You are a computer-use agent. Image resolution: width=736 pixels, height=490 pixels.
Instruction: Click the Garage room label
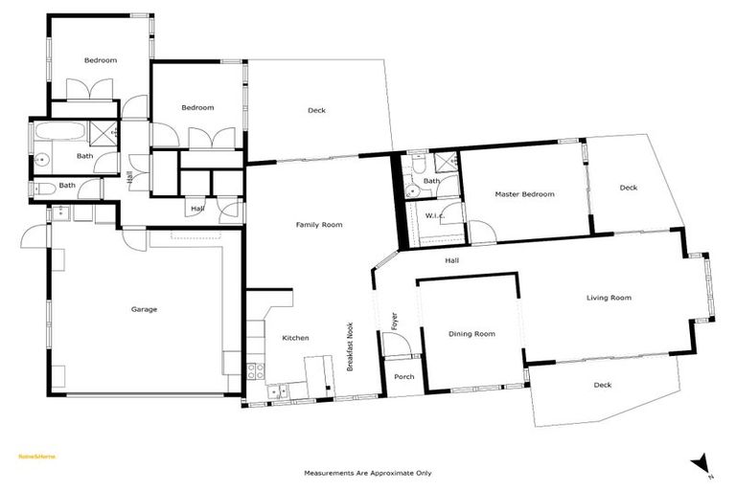point(144,309)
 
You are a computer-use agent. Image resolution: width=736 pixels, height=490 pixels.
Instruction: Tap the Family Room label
point(319,225)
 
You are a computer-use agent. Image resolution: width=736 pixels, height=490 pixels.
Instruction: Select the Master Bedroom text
point(524,194)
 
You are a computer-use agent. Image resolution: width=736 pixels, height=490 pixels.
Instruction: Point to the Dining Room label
point(471,334)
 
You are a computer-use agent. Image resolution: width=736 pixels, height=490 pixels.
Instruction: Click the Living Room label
point(609,298)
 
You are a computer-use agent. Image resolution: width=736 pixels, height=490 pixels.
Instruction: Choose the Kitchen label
point(294,338)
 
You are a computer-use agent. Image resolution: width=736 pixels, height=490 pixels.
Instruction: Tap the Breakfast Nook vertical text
point(350,345)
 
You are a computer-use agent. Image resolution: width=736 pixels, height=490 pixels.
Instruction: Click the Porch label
point(404,376)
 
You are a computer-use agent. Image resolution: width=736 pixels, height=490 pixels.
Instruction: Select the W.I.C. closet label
point(434,215)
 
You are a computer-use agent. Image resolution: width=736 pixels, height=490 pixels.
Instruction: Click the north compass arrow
point(702,463)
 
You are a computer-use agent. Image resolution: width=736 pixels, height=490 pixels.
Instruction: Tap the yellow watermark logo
point(37,457)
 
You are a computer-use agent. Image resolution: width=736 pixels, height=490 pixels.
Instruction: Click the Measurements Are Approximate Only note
point(368,473)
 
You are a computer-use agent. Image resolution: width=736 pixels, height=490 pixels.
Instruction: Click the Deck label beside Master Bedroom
point(628,188)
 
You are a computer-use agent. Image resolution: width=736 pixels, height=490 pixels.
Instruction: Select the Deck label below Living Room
point(602,385)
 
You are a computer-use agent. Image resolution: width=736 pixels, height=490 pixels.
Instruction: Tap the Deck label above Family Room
point(316,110)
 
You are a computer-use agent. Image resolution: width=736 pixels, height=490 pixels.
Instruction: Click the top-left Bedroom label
point(100,60)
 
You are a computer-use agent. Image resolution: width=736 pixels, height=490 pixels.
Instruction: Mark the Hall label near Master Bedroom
point(452,259)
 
